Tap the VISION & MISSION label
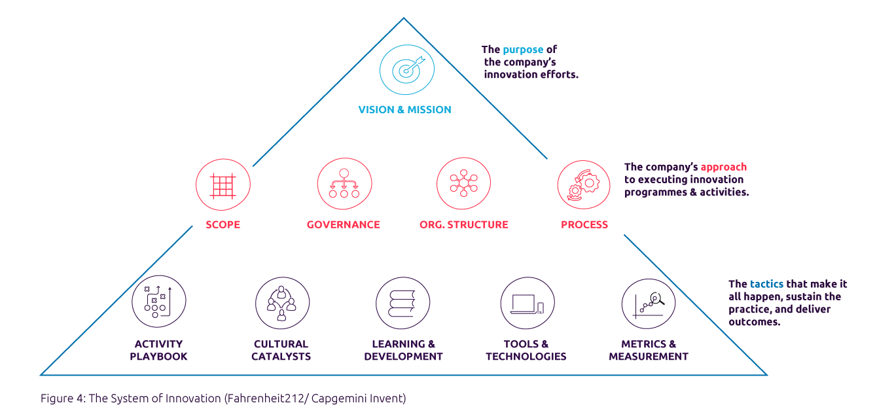404,110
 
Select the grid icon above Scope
223,185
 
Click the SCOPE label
223,224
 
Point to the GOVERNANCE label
344,224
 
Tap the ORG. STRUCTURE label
464,224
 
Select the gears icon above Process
584,185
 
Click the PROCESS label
584,224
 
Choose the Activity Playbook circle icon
158,302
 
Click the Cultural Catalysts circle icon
282,302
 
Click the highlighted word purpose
523,50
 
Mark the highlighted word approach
724,167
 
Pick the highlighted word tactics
766,284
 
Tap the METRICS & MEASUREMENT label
649,351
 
